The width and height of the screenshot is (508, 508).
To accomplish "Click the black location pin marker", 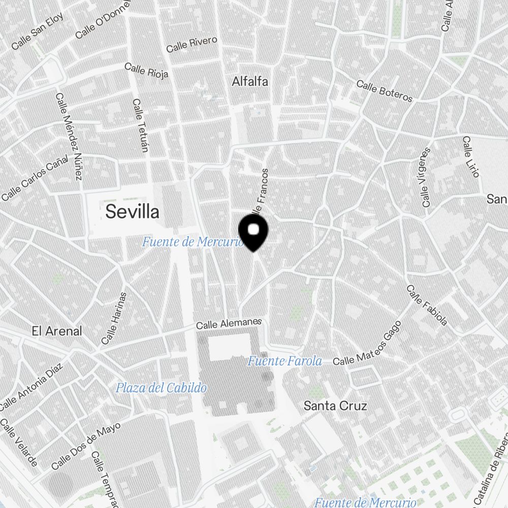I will click(x=254, y=232).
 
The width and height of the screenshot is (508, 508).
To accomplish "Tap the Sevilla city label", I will click(x=132, y=212).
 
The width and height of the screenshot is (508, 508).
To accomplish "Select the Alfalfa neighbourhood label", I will click(x=250, y=81).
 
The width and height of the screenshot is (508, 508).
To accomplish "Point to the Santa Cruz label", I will click(x=335, y=405).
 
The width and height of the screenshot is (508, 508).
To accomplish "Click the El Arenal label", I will click(x=56, y=331).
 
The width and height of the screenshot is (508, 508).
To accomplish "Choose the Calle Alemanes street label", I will click(x=229, y=324).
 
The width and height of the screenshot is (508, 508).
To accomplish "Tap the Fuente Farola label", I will click(x=284, y=361).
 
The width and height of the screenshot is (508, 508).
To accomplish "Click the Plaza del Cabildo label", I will click(x=161, y=388).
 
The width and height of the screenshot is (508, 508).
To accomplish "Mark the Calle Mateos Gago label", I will click(x=367, y=344).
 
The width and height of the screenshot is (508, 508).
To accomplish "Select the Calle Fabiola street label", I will click(x=427, y=305).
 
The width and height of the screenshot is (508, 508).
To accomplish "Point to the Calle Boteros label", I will click(x=384, y=91).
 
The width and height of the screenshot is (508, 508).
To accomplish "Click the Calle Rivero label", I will click(x=192, y=44).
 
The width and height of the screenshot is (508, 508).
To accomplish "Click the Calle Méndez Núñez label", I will click(x=69, y=136).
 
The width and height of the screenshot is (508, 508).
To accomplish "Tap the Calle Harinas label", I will click(x=114, y=318).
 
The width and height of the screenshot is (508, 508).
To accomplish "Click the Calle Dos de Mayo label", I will click(x=86, y=446).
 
